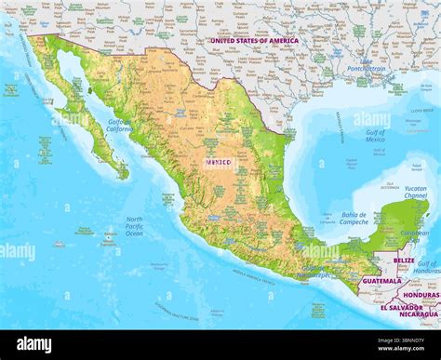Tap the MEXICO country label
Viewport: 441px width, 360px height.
coord(220,162)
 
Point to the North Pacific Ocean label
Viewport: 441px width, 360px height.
coord(134,226)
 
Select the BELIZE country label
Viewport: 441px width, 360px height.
coord(404,260)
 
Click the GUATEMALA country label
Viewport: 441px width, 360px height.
coord(382,280)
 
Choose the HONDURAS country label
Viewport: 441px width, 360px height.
coord(421,294)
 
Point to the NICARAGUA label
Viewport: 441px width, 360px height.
coord(421,314)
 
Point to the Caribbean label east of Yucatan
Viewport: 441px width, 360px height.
coord(414,233)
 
